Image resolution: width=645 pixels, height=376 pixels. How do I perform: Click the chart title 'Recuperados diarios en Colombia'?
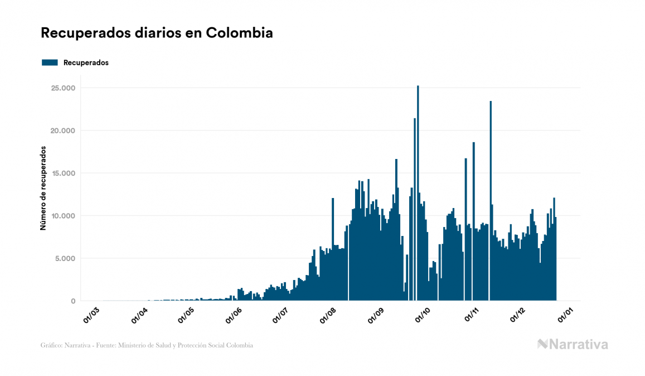157,33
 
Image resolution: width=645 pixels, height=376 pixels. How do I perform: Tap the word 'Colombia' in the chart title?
239,33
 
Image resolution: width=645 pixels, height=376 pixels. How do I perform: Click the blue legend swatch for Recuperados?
50,63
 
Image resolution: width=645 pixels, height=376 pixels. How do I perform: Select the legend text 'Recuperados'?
86,63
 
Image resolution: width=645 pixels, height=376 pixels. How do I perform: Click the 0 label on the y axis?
72,301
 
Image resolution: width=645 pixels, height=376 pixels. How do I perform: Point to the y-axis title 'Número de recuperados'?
43,188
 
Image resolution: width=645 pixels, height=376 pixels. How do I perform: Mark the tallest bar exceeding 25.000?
418,190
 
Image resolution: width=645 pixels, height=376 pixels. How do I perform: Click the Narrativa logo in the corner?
573,344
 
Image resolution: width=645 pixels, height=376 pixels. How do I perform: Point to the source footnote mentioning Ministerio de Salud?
147,345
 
